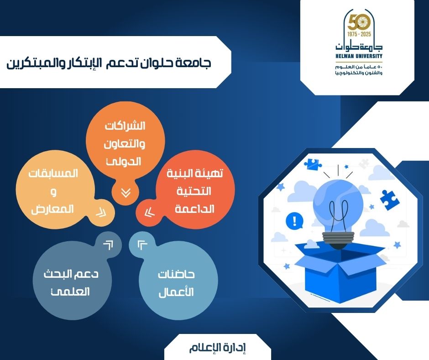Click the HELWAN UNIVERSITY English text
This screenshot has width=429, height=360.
359,56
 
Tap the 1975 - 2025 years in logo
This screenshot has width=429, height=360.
359,34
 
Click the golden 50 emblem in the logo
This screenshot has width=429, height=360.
359,22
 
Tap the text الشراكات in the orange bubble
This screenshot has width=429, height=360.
125,126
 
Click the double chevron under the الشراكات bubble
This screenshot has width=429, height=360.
126,193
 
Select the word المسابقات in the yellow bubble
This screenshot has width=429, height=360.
53,174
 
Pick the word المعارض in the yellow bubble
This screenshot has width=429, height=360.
52,209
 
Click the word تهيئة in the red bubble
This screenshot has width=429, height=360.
211,173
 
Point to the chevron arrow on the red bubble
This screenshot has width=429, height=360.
149,212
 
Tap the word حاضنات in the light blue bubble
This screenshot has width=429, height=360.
176,274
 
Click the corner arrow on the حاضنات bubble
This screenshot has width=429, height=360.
142,245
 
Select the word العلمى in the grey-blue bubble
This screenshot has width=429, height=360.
70,291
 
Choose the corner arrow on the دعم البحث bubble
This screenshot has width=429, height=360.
108,245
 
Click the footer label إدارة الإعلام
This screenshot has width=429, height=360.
218,347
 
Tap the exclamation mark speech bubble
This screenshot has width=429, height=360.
294,221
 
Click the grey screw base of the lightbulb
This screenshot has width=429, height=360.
338,238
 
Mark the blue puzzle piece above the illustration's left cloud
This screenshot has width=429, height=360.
313,164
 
